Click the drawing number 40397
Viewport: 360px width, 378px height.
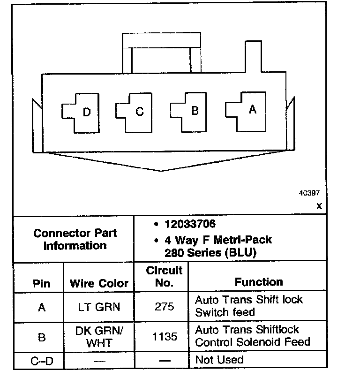(x=310, y=193)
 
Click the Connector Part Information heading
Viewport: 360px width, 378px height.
(x=75, y=239)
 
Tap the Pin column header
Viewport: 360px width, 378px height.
(x=42, y=284)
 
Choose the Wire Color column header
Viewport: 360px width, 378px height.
(x=99, y=284)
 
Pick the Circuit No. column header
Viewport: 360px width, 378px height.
(x=164, y=277)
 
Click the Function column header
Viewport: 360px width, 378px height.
(x=259, y=282)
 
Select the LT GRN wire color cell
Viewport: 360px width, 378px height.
(x=99, y=307)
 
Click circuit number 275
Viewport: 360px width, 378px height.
(x=164, y=307)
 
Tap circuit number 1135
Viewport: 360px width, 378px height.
(x=164, y=336)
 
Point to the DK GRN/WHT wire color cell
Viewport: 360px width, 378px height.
(x=99, y=336)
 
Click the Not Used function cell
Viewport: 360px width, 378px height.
(x=219, y=360)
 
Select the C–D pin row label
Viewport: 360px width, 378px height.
(x=41, y=361)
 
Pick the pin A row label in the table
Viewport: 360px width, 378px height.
(x=42, y=308)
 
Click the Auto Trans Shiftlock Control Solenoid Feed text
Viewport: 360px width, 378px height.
(x=253, y=336)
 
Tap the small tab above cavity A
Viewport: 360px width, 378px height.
(x=252, y=56)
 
